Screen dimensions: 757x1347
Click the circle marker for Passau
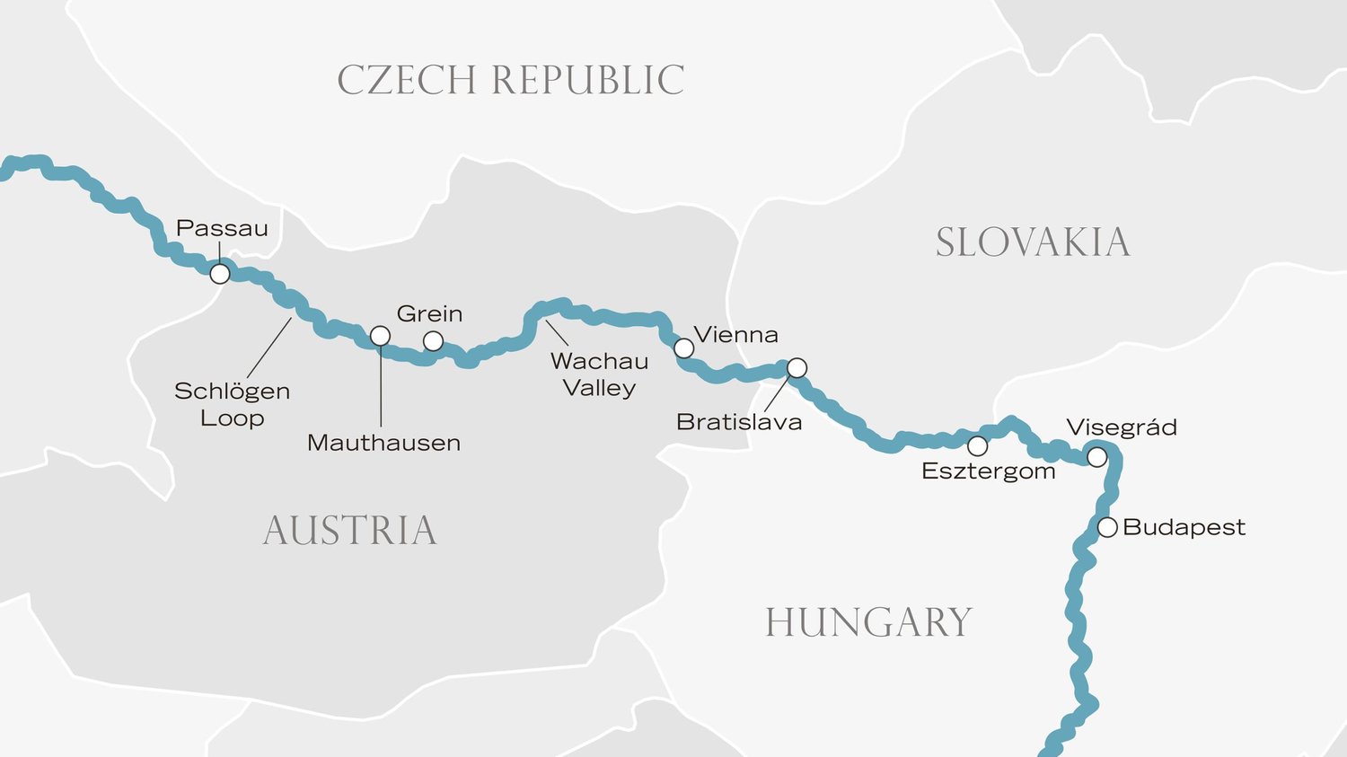(x=220, y=274)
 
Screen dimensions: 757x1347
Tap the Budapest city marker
(x=1107, y=527)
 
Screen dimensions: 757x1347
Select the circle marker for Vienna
(x=683, y=348)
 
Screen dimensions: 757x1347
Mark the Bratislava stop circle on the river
(x=797, y=368)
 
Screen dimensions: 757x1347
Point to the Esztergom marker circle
(x=977, y=446)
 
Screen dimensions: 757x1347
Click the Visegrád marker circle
(x=1096, y=457)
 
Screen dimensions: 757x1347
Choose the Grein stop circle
(x=433, y=341)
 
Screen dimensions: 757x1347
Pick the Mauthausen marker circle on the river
(x=380, y=336)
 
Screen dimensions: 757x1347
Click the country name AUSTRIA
(x=349, y=531)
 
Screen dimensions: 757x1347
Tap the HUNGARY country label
(x=867, y=622)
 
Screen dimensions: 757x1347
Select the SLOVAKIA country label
(x=1032, y=242)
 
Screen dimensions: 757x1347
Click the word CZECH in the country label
(x=406, y=80)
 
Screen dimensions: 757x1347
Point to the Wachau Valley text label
(x=599, y=374)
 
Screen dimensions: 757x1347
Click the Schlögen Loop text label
(x=232, y=404)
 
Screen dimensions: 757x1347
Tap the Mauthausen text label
(x=383, y=443)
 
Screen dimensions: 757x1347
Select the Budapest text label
(x=1184, y=527)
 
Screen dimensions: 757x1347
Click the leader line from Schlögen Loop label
(x=269, y=348)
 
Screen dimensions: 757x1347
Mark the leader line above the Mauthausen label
(x=381, y=386)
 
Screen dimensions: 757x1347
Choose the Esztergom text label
(x=988, y=471)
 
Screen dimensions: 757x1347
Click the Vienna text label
(x=735, y=335)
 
